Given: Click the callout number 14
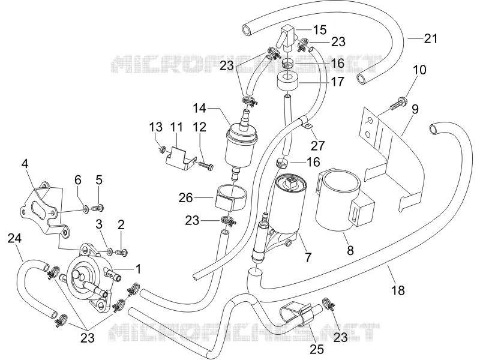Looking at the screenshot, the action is pyautogui.click(x=200, y=108).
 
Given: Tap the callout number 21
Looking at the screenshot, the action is pyautogui.click(x=431, y=38).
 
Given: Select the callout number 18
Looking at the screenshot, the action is pyautogui.click(x=398, y=290).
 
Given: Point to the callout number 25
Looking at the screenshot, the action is pyautogui.click(x=317, y=349).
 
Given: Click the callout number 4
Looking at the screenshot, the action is pyautogui.click(x=25, y=164).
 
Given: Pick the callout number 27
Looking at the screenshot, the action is pyautogui.click(x=317, y=145).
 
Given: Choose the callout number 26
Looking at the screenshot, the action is pyautogui.click(x=186, y=198).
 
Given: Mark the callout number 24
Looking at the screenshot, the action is pyautogui.click(x=14, y=238).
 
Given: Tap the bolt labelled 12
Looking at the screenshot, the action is pyautogui.click(x=206, y=166).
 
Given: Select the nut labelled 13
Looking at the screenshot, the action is pyautogui.click(x=162, y=149).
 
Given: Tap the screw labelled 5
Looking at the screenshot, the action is pyautogui.click(x=98, y=208).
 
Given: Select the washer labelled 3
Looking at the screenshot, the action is pyautogui.click(x=109, y=251).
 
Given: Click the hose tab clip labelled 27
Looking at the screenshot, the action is pyautogui.click(x=306, y=125).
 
